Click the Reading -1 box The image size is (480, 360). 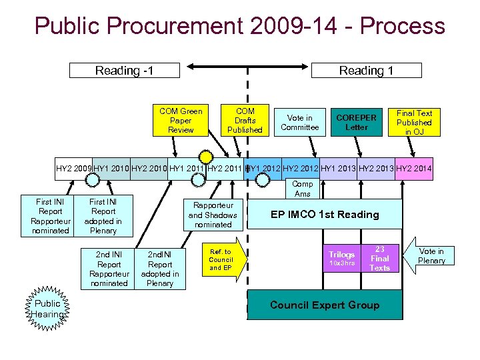(x=117, y=70)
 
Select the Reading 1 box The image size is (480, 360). (x=366, y=70)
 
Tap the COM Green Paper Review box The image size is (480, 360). (x=181, y=121)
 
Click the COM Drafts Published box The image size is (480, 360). (x=245, y=121)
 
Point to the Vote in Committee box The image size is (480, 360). (x=299, y=123)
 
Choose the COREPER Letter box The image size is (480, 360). (x=356, y=123)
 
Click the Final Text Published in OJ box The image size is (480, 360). (x=414, y=123)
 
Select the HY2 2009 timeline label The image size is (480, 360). (x=73, y=169)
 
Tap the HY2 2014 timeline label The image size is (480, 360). (x=414, y=169)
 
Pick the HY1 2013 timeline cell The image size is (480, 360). (x=338, y=169)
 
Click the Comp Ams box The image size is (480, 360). (x=302, y=189)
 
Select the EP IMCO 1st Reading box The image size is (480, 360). (x=324, y=215)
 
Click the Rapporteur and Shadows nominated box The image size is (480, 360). (x=212, y=215)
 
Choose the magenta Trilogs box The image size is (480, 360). (x=341, y=258)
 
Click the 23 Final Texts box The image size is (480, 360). (x=379, y=258)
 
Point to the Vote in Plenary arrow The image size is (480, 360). (x=429, y=256)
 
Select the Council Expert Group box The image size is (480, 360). (x=324, y=305)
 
